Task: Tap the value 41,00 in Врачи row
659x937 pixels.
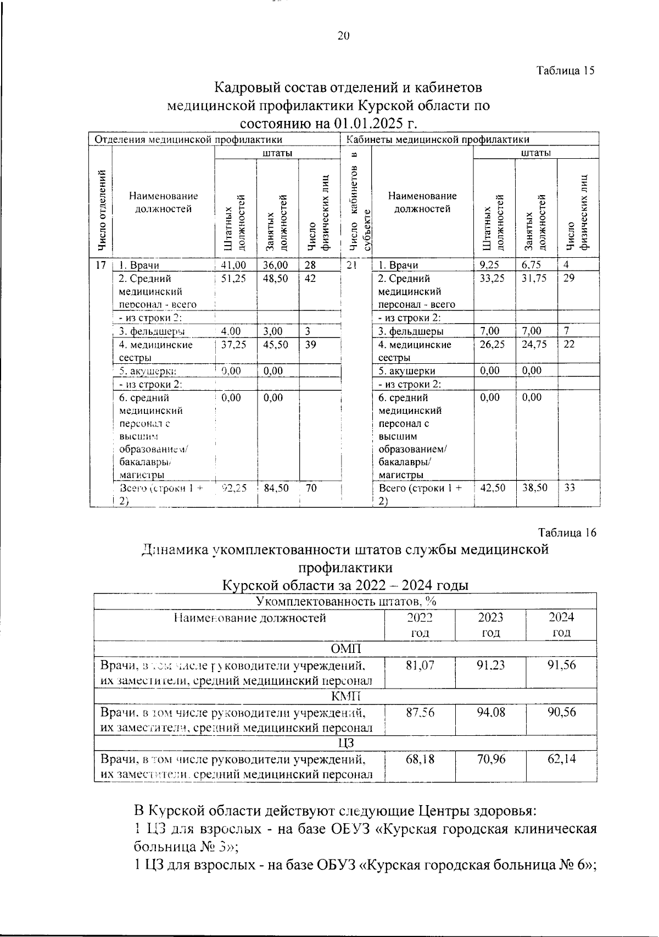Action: point(233,265)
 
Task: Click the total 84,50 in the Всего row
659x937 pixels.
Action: point(276,487)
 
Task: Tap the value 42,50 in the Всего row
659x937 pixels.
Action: point(492,487)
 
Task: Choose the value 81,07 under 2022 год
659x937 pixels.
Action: point(420,666)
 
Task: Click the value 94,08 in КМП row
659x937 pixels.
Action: point(490,713)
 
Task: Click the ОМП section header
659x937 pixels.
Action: point(346,649)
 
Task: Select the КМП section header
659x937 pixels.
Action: point(346,697)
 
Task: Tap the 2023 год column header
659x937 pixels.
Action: point(490,625)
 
